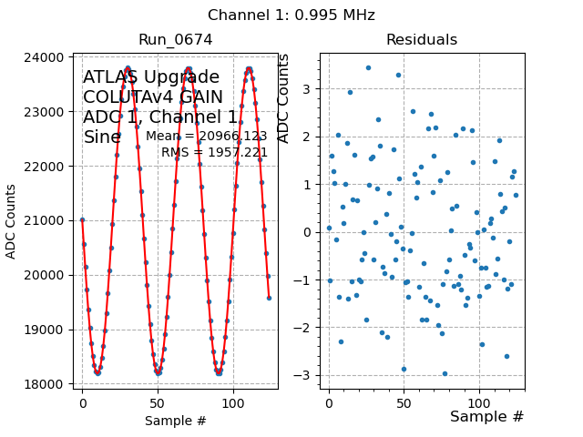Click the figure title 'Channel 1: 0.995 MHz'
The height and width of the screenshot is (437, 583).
291,15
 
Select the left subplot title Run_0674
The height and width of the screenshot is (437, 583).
175,39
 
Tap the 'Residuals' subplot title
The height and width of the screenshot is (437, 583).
422,39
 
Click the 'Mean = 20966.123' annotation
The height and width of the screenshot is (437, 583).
206,137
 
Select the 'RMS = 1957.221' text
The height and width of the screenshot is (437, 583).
214,152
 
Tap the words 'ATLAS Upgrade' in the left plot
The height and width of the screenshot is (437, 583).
151,77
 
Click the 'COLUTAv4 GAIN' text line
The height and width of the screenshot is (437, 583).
153,97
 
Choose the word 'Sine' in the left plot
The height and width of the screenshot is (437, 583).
102,137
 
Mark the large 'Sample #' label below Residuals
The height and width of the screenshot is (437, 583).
486,416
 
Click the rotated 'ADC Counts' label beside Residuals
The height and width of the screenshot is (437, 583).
283,98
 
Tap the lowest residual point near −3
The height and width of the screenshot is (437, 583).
445,373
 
